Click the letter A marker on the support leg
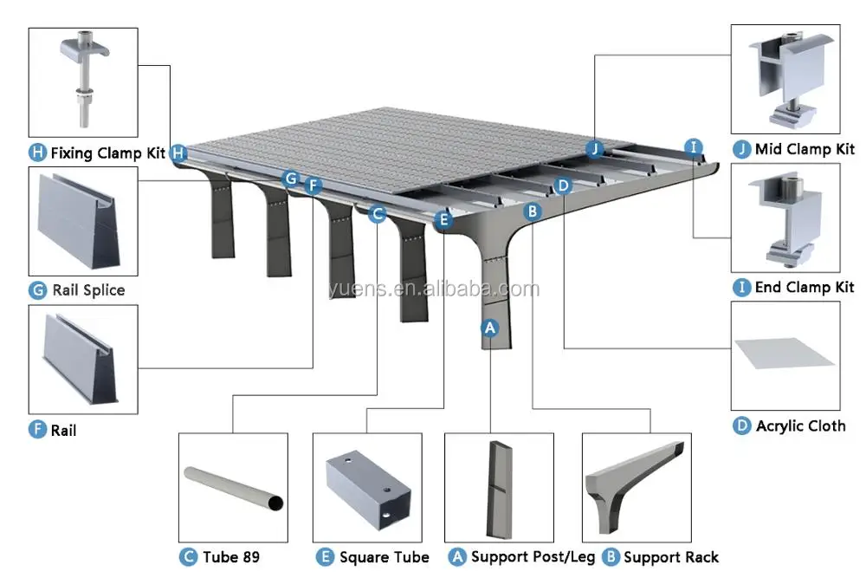[490, 328]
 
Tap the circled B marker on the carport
[533, 211]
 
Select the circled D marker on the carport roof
[563, 185]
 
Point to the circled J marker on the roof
[595, 149]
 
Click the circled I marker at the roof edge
[694, 147]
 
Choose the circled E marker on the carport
[443, 220]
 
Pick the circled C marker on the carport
[378, 214]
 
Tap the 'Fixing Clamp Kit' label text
[107, 153]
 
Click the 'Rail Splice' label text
[88, 290]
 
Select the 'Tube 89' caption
[231, 557]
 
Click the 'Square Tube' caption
[385, 557]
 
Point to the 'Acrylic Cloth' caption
[801, 426]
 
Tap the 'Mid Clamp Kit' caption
[805, 149]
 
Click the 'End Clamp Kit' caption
[805, 288]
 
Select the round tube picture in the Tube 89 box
[234, 488]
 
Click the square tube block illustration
[368, 489]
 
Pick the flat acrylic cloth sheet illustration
[785, 353]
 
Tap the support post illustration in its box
[500, 490]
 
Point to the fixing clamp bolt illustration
[84, 80]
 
